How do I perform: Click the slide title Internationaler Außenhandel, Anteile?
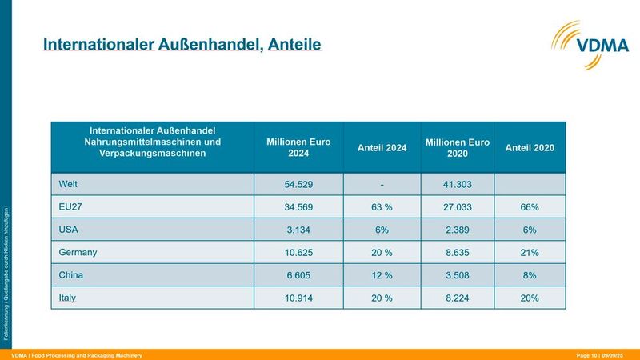[182, 43]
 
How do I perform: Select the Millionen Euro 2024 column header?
[298, 147]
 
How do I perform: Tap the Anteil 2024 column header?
[382, 148]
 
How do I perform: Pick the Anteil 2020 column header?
[530, 148]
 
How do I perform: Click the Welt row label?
[68, 184]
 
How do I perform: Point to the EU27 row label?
[70, 206]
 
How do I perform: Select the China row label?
[72, 275]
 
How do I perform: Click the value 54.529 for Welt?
[298, 184]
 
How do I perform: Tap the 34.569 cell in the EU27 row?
[298, 207]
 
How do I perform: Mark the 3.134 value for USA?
[298, 230]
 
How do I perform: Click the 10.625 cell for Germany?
[298, 253]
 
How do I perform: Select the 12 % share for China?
[382, 275]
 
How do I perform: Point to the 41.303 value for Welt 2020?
[458, 184]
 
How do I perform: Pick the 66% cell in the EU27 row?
[530, 207]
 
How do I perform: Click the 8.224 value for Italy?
[458, 298]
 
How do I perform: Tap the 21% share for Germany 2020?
[530, 253]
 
